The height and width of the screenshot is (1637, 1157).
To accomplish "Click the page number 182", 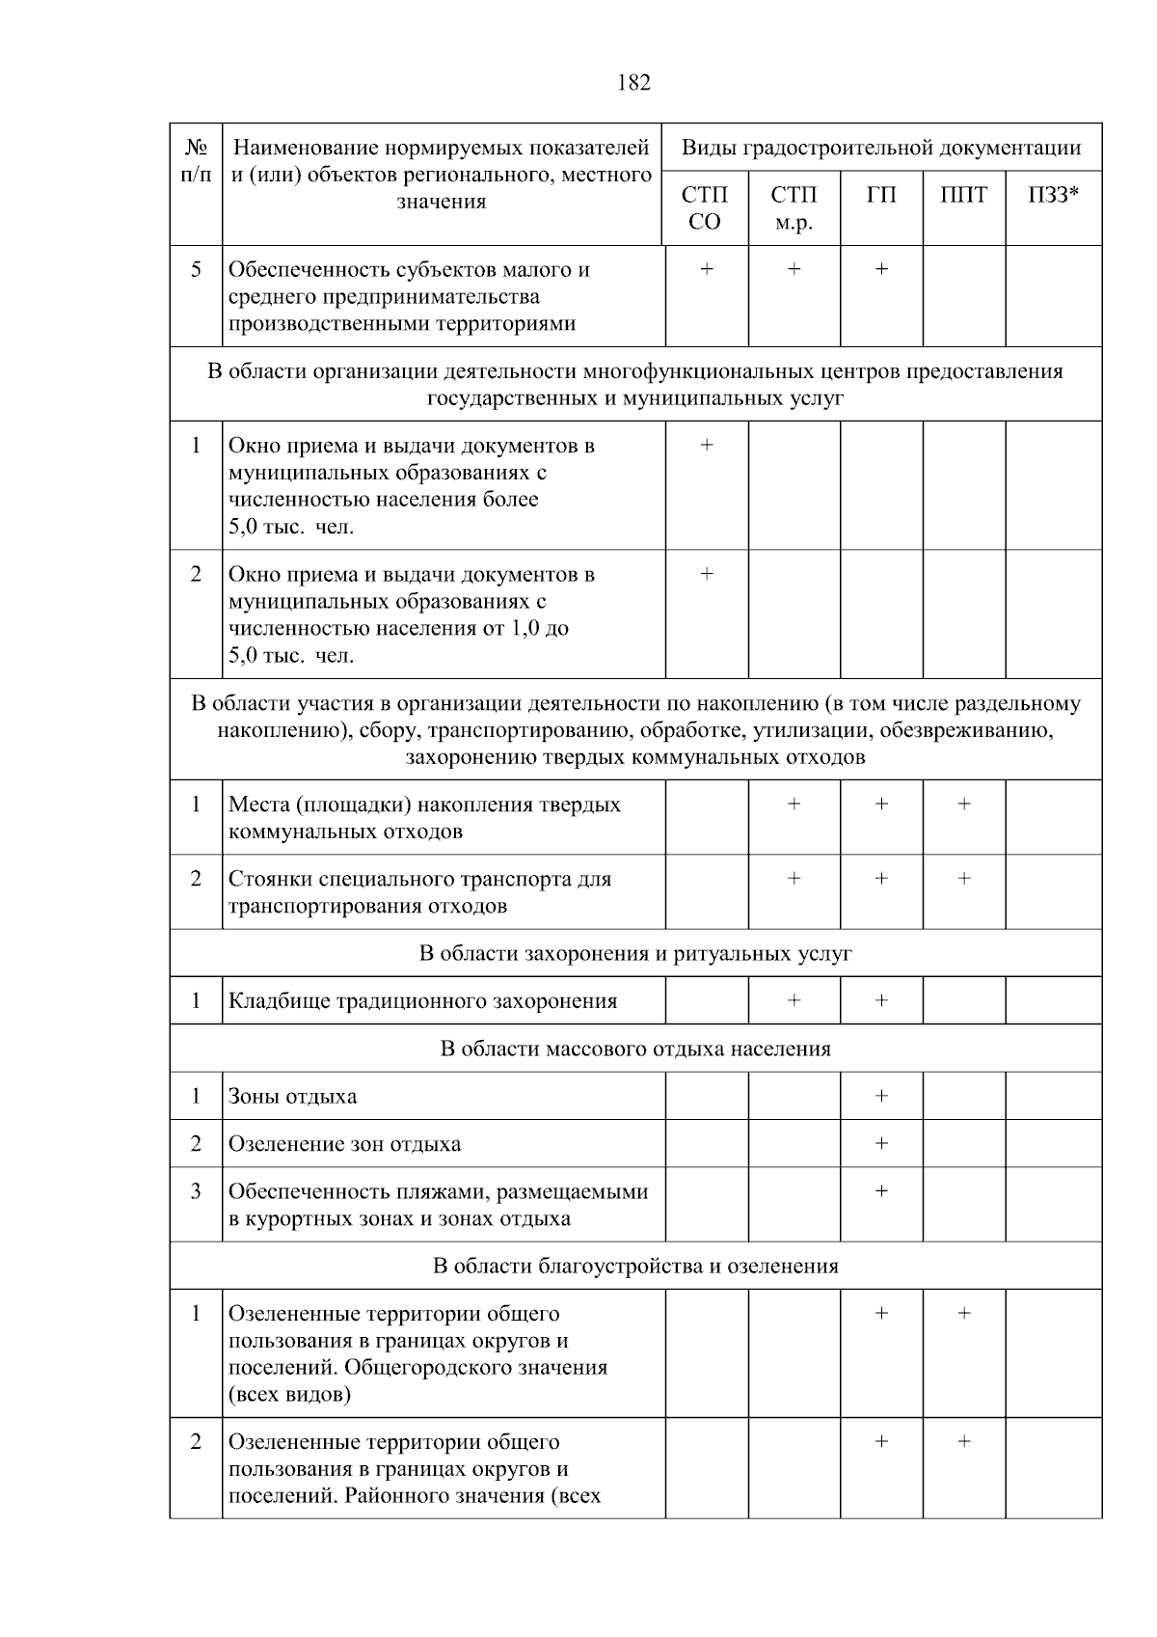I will click(x=633, y=83).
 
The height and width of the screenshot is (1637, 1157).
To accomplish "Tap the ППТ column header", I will click(x=963, y=196).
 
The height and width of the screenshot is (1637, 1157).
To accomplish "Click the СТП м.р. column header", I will click(x=794, y=208).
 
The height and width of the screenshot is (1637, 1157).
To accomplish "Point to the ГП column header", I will click(x=881, y=196).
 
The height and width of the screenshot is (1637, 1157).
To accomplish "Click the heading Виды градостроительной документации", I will click(x=881, y=148).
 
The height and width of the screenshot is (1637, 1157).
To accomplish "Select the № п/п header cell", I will click(x=196, y=161).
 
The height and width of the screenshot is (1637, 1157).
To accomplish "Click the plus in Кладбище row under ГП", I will click(x=881, y=1000).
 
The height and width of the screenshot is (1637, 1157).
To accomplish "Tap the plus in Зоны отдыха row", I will click(x=881, y=1096).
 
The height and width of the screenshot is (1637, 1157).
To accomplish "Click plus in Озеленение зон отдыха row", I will click(x=881, y=1143).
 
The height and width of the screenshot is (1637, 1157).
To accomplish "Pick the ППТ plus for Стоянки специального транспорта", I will click(x=963, y=879).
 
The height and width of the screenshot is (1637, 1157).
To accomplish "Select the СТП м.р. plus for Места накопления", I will click(x=794, y=804).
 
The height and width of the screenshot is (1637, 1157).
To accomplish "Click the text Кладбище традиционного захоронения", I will click(x=422, y=1001).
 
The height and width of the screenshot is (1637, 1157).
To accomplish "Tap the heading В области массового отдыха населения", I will click(x=635, y=1049).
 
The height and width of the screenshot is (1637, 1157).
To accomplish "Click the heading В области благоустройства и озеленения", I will click(x=635, y=1266).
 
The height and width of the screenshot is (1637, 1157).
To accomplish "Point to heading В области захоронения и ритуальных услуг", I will click(x=635, y=954).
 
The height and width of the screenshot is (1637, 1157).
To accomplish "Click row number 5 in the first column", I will click(x=196, y=269).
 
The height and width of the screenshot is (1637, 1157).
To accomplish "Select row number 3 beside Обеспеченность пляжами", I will click(x=196, y=1191).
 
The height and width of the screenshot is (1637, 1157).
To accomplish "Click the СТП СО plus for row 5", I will click(x=706, y=269).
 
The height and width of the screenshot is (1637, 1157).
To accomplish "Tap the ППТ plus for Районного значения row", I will click(x=963, y=1441).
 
